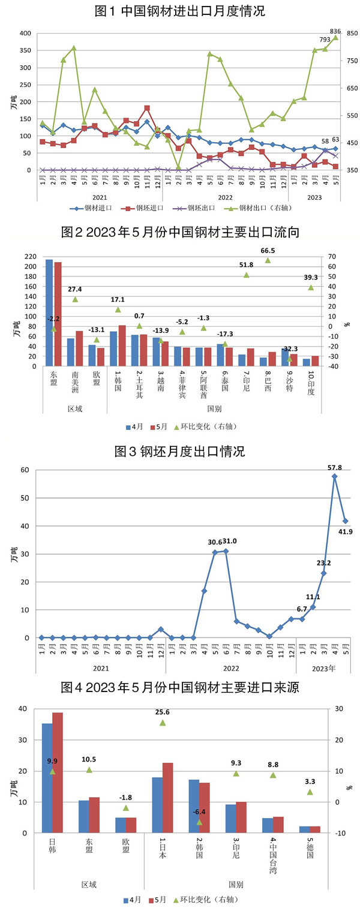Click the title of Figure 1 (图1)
point(180,11)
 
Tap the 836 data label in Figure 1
point(335,31)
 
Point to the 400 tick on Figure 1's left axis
point(24,34)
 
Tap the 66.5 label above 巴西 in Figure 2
point(268,251)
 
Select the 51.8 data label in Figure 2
point(246,264)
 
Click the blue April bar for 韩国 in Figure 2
point(113,348)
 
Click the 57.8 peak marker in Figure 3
point(334,476)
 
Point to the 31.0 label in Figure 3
point(230,541)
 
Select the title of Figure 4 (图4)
point(180,687)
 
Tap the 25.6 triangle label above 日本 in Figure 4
point(163,712)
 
